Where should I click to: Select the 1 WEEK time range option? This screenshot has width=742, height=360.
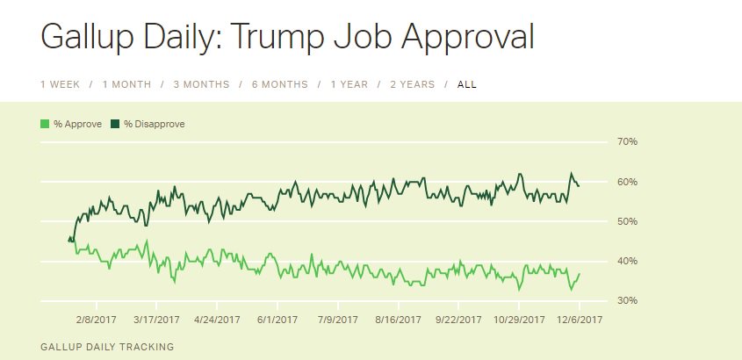[x=60, y=84]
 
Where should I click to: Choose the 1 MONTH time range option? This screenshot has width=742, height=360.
[x=126, y=84]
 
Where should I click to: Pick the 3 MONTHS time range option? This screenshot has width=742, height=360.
[x=201, y=84]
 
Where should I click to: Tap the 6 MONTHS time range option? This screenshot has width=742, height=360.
[x=280, y=84]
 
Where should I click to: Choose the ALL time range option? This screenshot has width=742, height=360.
[x=467, y=84]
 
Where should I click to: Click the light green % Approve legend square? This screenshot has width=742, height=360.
[x=46, y=124]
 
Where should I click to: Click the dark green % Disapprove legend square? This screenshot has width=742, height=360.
[x=116, y=124]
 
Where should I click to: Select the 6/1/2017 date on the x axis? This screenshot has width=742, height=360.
[x=278, y=320]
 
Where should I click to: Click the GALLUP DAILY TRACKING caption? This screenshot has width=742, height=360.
[x=107, y=347]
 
